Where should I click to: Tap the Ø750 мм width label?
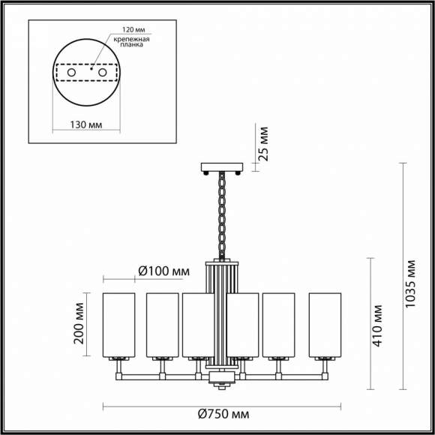click(224, 414)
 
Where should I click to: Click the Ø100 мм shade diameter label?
click(163, 271)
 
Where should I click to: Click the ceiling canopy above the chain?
click(222, 167)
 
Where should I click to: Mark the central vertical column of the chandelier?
click(222, 315)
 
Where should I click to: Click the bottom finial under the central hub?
click(222, 385)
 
